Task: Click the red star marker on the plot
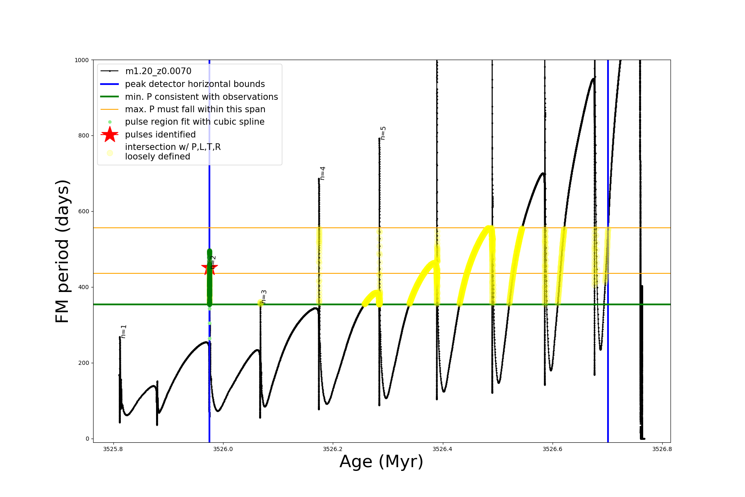pos(209,268)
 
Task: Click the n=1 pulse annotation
pos(123,331)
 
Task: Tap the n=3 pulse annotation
pos(264,297)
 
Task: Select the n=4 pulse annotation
pos(322,173)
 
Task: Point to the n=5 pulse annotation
pos(383,133)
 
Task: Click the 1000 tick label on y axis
pos(81,60)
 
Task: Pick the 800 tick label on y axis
pos(83,135)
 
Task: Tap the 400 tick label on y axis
pos(83,287)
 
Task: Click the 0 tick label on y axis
pos(87,439)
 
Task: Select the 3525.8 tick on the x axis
pos(113,449)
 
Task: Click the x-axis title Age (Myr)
pos(381,461)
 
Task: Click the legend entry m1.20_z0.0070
pos(158,71)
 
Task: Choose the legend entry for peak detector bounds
pos(195,84)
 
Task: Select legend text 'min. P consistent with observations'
pos(201,97)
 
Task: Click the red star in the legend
pos(110,135)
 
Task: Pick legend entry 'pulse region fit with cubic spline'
pos(195,122)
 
